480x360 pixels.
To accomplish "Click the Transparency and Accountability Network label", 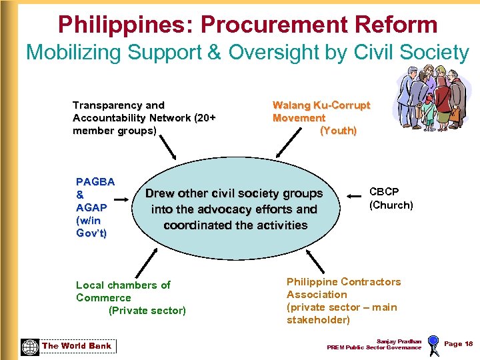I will coord(144,118).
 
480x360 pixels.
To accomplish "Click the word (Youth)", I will coord(338,131).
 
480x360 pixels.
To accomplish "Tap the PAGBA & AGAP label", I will coord(95,207).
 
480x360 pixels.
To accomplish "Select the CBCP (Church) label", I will coord(391,199).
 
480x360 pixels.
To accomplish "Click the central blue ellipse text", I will coord(235,209).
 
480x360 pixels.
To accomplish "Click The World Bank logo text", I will coord(77,345).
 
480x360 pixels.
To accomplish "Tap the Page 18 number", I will coord(458,344).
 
